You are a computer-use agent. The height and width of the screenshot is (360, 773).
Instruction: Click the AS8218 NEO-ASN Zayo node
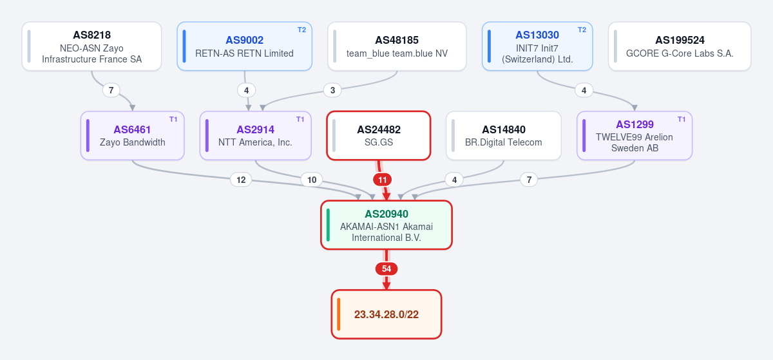click(x=91, y=46)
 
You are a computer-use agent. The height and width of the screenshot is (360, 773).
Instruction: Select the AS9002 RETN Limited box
click(x=245, y=46)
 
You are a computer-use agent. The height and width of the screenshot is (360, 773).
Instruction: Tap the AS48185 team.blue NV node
click(x=397, y=46)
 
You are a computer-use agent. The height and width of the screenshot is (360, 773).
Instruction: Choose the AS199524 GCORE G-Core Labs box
click(x=680, y=46)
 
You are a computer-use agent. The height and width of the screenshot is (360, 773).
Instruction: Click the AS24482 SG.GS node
click(x=379, y=136)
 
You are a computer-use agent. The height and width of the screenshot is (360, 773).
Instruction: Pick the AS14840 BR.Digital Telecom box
click(x=504, y=136)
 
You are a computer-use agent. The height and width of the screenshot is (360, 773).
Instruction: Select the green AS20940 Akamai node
click(x=386, y=225)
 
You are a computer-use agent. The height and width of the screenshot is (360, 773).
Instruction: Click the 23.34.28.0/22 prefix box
click(x=386, y=314)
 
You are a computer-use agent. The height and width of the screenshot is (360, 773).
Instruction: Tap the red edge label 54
click(x=386, y=269)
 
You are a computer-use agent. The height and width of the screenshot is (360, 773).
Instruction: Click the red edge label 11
click(x=383, y=180)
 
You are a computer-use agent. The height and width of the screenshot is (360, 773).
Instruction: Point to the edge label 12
click(x=241, y=180)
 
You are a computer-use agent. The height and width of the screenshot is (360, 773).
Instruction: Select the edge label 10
click(x=312, y=180)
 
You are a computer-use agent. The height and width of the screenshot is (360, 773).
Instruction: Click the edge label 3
click(x=332, y=90)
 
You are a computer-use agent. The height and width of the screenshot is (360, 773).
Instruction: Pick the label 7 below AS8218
click(x=111, y=90)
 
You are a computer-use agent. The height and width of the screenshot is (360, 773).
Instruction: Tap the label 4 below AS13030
click(x=584, y=90)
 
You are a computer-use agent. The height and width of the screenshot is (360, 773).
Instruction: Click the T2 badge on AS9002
click(x=301, y=30)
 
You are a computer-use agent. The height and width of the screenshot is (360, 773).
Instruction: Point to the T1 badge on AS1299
click(x=682, y=119)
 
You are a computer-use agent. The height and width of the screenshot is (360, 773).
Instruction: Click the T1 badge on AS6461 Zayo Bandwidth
click(x=173, y=119)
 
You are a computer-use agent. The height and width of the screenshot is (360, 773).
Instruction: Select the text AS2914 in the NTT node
click(x=255, y=129)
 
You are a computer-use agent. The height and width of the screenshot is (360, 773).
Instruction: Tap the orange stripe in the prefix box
click(x=339, y=314)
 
